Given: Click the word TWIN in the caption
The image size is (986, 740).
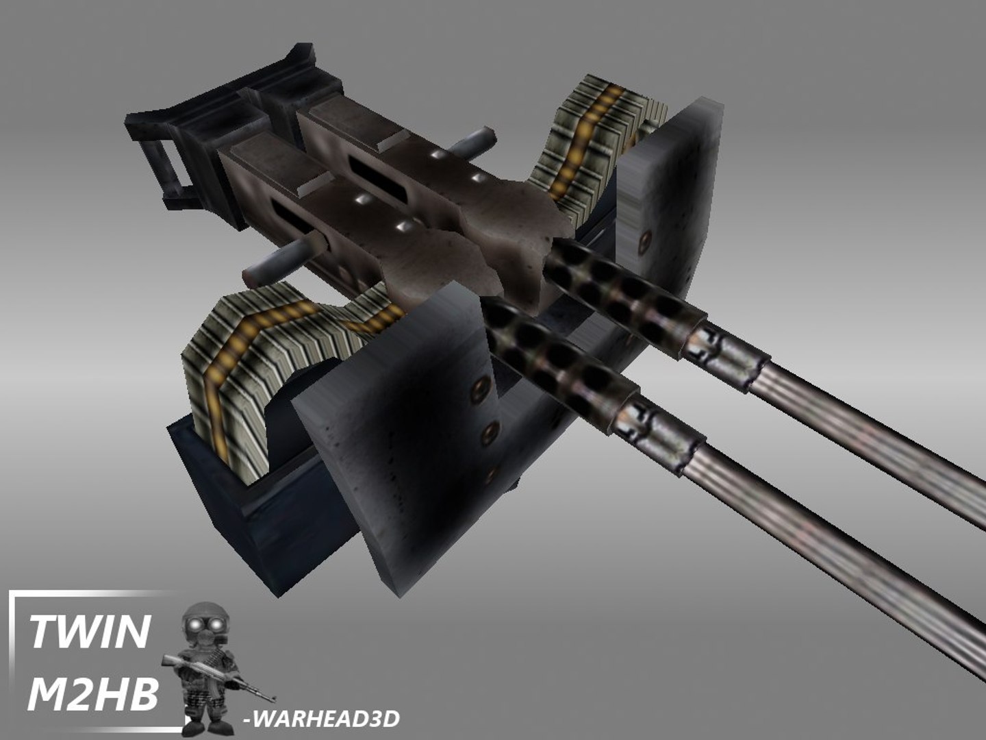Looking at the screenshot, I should click(90, 631).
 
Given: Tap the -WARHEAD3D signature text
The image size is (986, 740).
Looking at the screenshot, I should click(321, 719).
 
